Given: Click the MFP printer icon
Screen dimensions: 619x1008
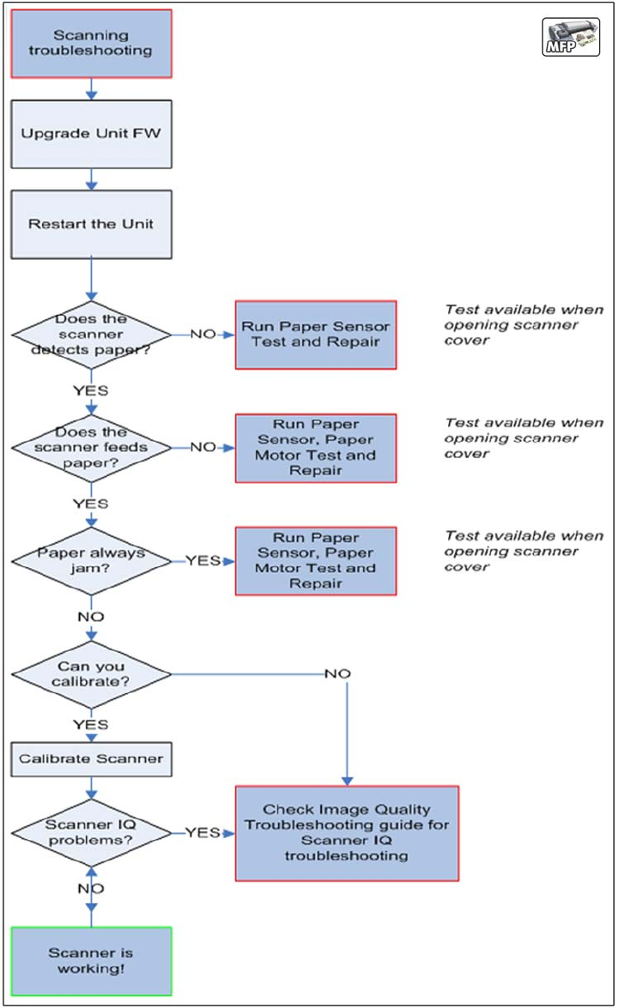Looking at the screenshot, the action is coord(571,37).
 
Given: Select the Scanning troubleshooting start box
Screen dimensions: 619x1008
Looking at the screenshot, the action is coord(91,44).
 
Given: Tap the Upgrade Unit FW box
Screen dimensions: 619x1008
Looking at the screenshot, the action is coord(91,135).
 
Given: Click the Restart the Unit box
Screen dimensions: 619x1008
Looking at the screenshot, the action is coord(91,225).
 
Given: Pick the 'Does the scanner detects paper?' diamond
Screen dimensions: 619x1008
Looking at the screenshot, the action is coord(91,335).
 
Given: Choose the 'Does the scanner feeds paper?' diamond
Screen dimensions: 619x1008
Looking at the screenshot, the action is coord(91,448).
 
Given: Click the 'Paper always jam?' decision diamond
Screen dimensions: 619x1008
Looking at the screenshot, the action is coord(91,560).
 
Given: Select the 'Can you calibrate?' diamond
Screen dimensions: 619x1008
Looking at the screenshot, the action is coord(91,674).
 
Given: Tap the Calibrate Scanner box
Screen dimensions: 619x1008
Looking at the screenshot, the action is coord(91,759).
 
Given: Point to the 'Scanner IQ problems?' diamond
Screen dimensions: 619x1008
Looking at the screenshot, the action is coord(91,833).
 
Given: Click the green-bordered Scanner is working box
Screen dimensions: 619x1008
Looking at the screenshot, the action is coord(91,961).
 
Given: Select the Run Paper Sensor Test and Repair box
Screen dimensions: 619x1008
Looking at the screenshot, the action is coord(316,335).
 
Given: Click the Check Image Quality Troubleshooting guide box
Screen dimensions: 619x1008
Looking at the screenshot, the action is coord(347,833).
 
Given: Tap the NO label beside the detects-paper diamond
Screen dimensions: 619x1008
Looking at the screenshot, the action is coord(203,335).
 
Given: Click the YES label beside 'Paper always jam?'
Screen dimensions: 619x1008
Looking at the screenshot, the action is coord(203,560).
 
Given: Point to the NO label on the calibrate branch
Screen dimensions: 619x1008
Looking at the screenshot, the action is coord(337,673).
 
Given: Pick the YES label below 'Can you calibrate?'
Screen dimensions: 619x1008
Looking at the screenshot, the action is coord(91,725).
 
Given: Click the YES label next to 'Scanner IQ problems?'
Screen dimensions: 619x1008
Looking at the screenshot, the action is coord(203,832).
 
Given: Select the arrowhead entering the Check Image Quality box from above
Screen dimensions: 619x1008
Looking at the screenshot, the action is coord(348,781).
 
